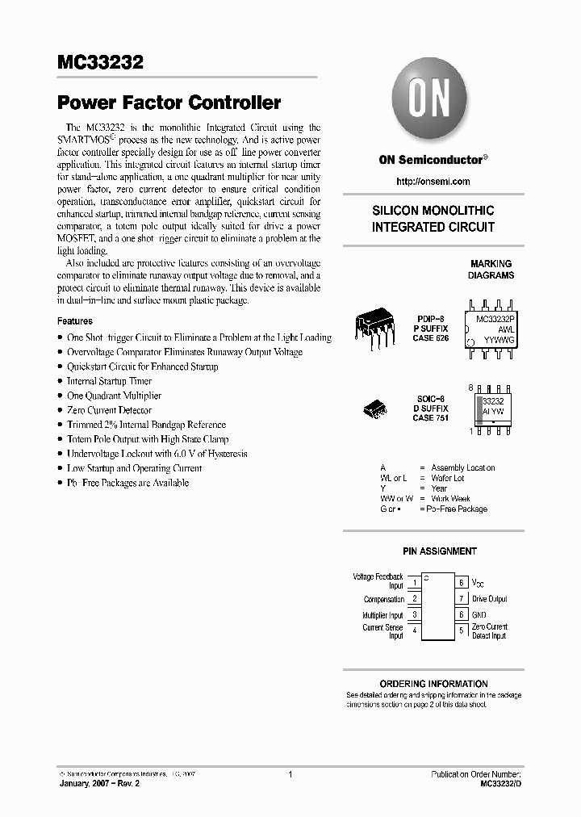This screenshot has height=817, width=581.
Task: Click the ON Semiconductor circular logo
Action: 428,101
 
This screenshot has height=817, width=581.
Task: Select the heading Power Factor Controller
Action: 169,103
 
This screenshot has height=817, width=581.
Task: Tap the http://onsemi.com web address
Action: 433,182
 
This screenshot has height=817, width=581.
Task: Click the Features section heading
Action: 75,321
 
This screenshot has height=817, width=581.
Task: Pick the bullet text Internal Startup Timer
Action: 109,381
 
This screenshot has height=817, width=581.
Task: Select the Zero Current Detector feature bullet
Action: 109,410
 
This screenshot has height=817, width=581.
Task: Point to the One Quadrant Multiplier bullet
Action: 114,396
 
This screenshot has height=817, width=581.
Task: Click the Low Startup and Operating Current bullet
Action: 134,468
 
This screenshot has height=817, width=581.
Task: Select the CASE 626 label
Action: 430,339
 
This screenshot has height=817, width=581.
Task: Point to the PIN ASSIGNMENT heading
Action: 440,551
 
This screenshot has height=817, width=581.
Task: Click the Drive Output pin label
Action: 489,599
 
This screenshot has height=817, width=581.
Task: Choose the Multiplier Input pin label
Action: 382,615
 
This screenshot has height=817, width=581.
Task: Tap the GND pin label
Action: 479,615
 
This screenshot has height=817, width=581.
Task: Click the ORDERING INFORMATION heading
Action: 433,684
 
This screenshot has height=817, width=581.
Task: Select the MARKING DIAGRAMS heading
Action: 491,270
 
